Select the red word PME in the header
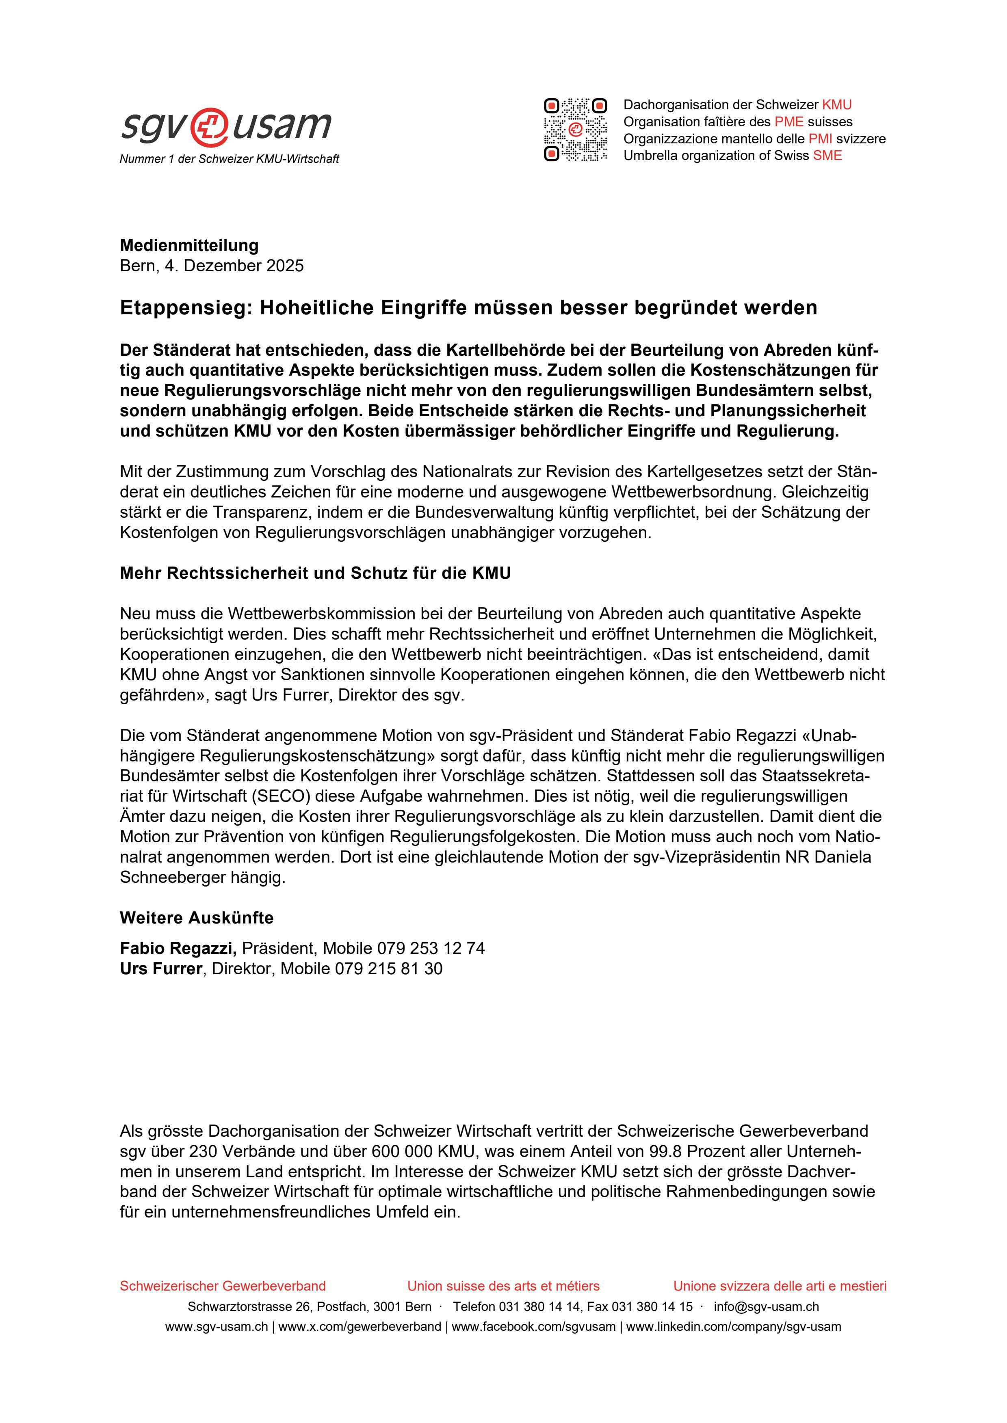(789, 122)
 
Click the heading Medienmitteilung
(189, 245)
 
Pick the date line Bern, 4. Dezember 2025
(212, 266)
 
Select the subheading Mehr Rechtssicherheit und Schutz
(315, 573)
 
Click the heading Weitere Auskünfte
(197, 918)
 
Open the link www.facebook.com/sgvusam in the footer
(533, 1327)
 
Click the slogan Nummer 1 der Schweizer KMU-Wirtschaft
(230, 159)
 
